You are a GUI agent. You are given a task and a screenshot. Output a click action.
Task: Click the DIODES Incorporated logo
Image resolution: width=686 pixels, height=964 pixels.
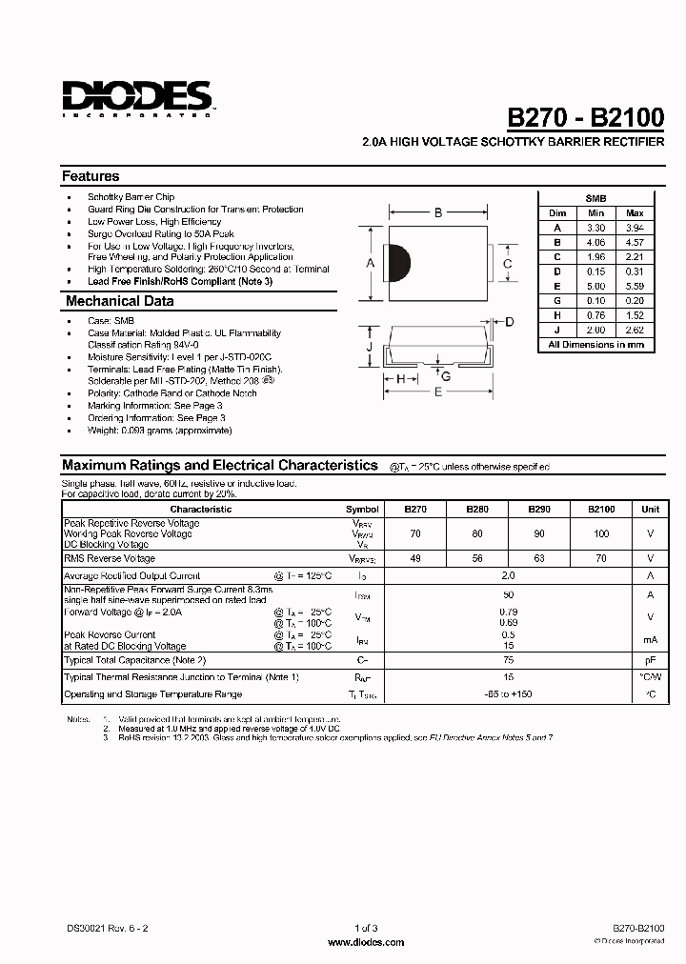[x=137, y=98]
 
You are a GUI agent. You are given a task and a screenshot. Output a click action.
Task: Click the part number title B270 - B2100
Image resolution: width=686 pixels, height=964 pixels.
[x=585, y=117]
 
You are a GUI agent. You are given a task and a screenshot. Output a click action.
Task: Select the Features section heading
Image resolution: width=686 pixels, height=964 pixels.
[x=91, y=176]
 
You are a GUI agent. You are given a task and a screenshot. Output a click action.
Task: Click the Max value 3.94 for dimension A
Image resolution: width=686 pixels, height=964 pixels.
[x=635, y=228]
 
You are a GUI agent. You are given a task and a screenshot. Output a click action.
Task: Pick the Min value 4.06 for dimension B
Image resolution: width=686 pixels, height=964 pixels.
[x=595, y=242]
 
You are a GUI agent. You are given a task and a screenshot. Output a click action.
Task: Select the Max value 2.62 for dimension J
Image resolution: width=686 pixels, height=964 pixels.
[x=635, y=330]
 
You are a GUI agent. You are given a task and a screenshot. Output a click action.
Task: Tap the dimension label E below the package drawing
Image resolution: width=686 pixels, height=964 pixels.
[x=437, y=392]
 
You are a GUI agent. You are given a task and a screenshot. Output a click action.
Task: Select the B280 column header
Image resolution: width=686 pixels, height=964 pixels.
[x=479, y=509]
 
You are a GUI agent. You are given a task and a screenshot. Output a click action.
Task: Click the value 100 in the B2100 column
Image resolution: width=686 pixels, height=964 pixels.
[x=600, y=533]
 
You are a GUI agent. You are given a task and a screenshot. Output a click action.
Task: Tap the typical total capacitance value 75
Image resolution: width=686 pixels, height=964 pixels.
[x=508, y=659]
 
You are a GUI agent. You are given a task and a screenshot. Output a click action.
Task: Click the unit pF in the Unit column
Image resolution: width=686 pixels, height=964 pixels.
[x=650, y=659]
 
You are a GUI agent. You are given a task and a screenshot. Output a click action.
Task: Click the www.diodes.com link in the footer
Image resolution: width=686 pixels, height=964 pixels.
[x=366, y=942]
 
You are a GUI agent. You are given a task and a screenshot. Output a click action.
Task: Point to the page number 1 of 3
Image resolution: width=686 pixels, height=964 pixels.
[x=366, y=928]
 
